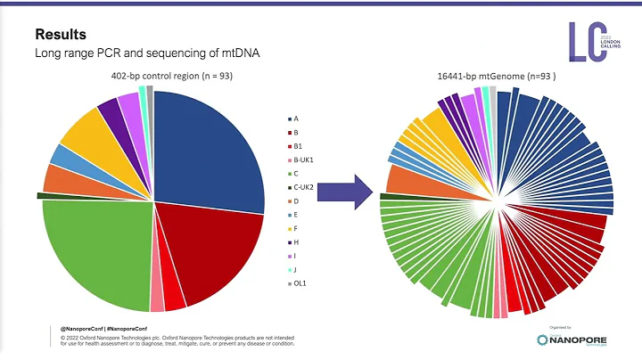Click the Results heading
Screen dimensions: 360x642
(x=61, y=35)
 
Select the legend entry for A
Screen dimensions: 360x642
(x=295, y=118)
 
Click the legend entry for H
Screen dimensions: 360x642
(x=295, y=242)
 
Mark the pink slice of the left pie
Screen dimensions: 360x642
(x=157, y=301)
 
